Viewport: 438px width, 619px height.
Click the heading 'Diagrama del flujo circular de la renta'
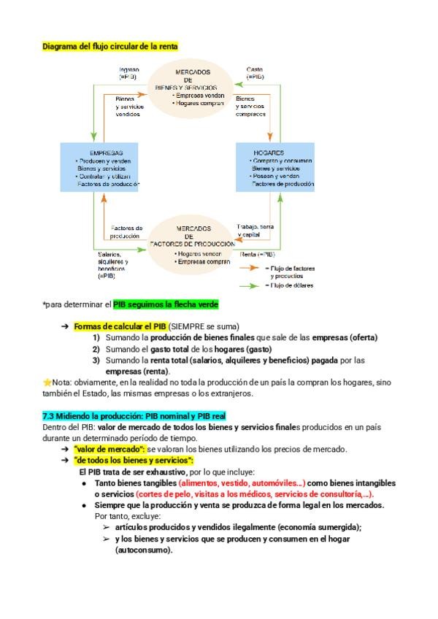109,46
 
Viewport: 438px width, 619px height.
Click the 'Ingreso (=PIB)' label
129,73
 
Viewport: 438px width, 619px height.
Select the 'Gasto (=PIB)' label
255,73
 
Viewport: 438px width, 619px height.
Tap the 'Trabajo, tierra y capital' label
254,231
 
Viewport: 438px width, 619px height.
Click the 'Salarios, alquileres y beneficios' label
112,265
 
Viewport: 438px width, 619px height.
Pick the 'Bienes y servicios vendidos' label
129,106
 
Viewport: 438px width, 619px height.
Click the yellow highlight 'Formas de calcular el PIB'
120,326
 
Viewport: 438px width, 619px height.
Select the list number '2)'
96,349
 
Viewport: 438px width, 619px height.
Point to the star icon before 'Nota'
47,382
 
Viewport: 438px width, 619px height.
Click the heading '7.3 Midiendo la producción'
134,415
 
